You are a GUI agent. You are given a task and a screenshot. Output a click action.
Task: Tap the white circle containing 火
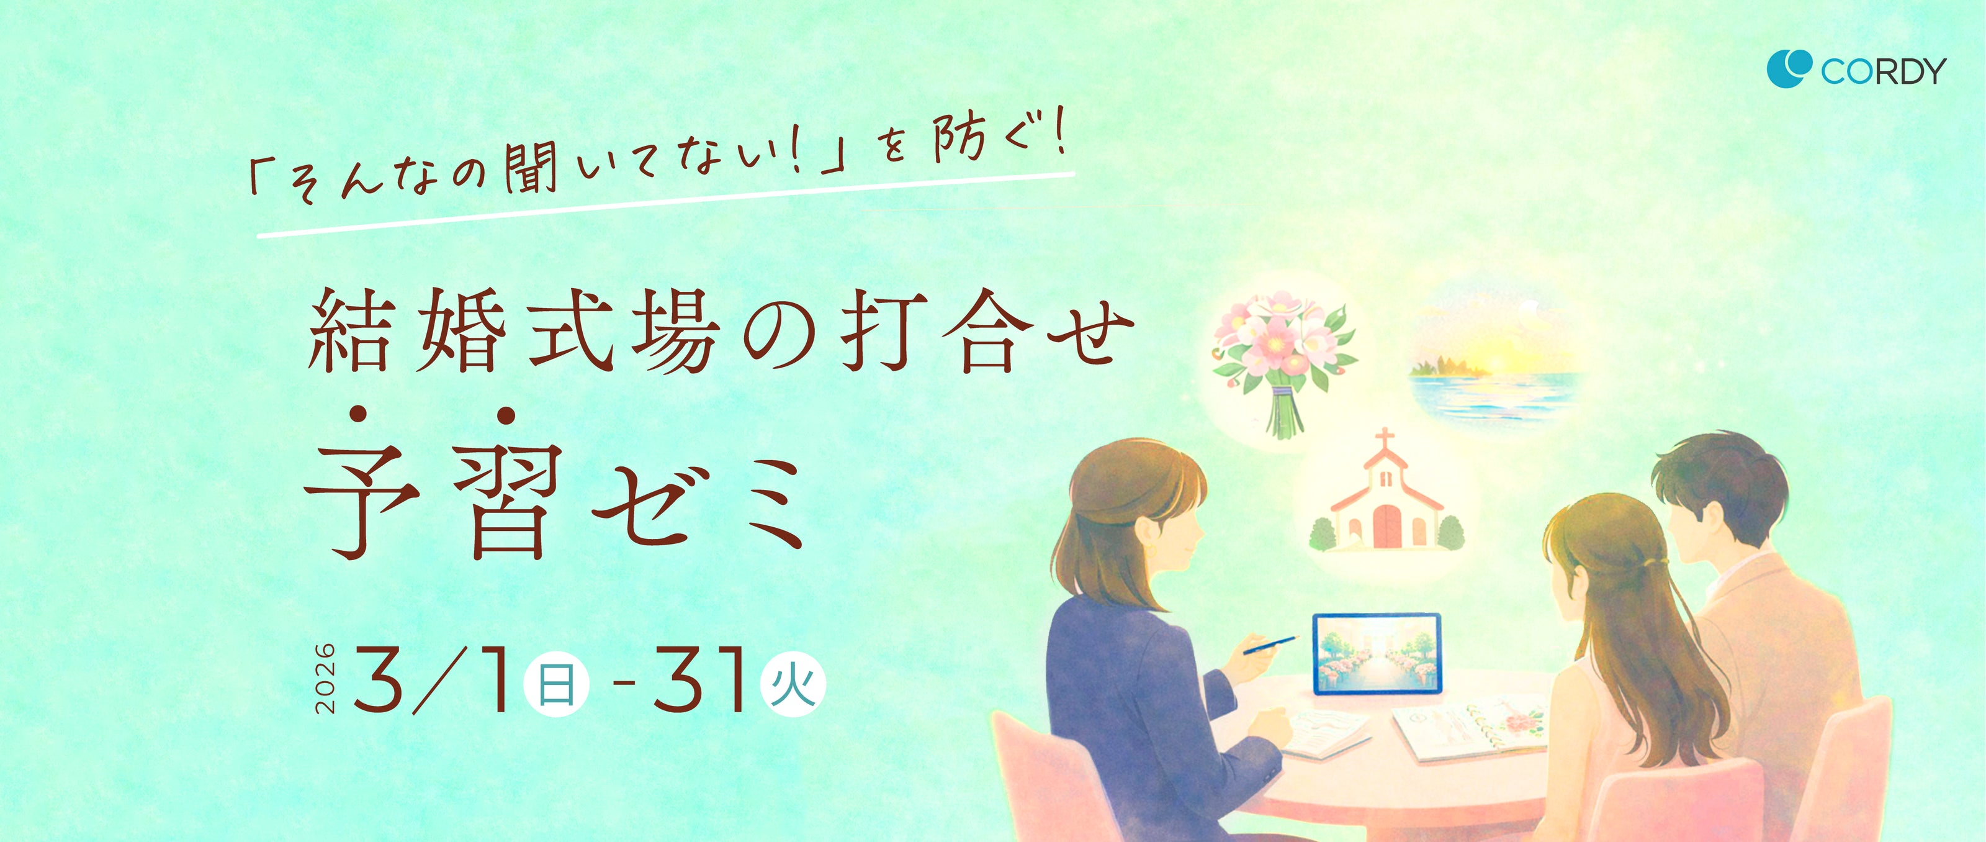[x=793, y=684]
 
